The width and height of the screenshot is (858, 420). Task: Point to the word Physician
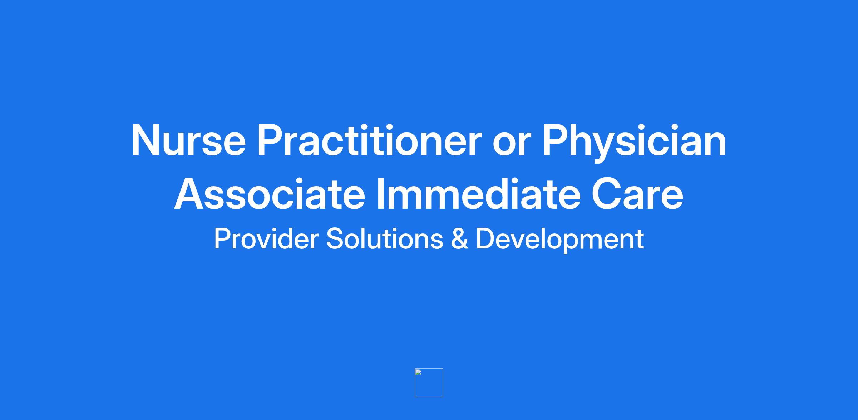[x=634, y=142]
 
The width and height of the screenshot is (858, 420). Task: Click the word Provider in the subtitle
[x=266, y=239]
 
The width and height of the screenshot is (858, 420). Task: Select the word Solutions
[x=385, y=239]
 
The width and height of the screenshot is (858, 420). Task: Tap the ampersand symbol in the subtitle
[x=459, y=239]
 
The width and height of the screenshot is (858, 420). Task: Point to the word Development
[x=560, y=240]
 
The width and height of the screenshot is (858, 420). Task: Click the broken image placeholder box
[x=429, y=383]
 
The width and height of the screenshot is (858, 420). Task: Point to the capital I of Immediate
[x=381, y=194]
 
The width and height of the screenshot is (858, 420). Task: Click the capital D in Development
[x=485, y=239]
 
